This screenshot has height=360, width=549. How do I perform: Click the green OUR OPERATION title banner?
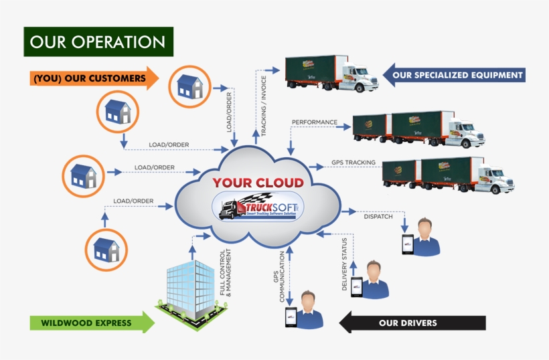pyautogui.click(x=98, y=41)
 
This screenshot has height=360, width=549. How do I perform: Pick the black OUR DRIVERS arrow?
pyautogui.click(x=412, y=323)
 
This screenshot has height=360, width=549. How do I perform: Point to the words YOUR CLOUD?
pyautogui.click(x=258, y=182)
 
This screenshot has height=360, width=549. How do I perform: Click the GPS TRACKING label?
pyautogui.click(x=353, y=163)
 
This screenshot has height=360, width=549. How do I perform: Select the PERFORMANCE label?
pyautogui.click(x=314, y=122)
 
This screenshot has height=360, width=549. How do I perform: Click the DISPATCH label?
pyautogui.click(x=378, y=216)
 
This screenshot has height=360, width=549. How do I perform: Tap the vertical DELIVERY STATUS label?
pyautogui.click(x=344, y=263)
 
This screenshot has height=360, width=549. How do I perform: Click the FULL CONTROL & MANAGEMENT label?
pyautogui.click(x=226, y=273)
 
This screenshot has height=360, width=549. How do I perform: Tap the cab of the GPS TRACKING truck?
pyautogui.click(x=495, y=178)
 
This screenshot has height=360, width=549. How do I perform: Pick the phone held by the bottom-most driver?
pyautogui.click(x=291, y=317)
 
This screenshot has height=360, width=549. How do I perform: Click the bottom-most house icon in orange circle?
pyautogui.click(x=106, y=249)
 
